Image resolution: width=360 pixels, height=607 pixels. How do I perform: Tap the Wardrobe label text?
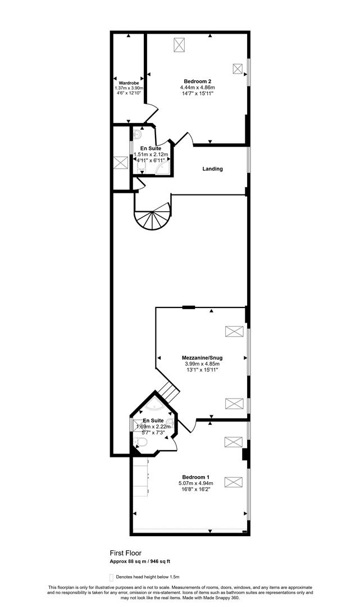(x=129, y=83)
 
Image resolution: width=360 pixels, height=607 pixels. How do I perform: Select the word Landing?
(x=213, y=169)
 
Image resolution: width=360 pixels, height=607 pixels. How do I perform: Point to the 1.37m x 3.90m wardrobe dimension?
(x=129, y=88)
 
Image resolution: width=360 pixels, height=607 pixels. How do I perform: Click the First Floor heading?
(x=125, y=553)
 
